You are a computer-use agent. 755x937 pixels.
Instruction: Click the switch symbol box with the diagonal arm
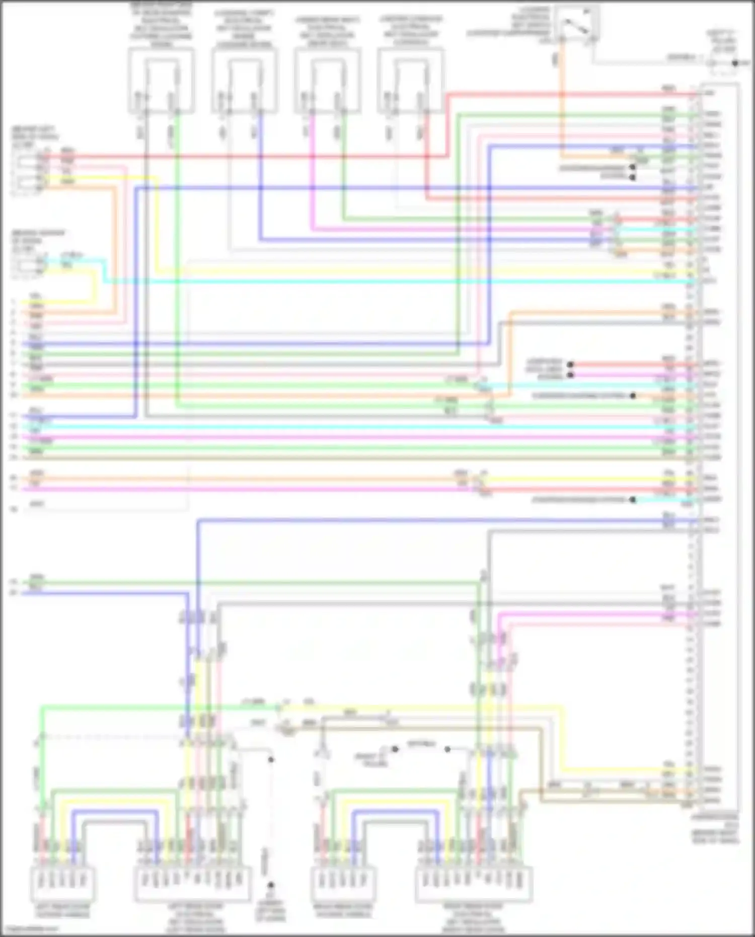click(577, 23)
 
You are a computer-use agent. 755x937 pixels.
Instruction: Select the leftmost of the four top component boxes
click(161, 81)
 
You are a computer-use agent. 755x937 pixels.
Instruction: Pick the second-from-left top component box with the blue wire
click(245, 81)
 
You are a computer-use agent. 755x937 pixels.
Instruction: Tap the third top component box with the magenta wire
click(328, 81)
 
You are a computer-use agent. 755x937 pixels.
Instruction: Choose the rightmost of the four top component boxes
click(411, 81)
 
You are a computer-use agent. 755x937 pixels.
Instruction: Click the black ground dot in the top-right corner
click(735, 63)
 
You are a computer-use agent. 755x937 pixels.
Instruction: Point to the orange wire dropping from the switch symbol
click(562, 101)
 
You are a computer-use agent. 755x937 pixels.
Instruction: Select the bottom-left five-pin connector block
click(63, 883)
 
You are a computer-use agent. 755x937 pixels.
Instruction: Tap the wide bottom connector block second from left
click(193, 883)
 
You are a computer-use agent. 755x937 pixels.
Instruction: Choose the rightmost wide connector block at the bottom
click(474, 883)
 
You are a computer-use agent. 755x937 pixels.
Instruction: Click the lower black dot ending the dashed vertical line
click(271, 885)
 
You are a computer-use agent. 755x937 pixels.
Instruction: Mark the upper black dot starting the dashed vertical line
click(271, 759)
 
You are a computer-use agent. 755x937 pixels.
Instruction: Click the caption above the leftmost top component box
click(161, 25)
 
